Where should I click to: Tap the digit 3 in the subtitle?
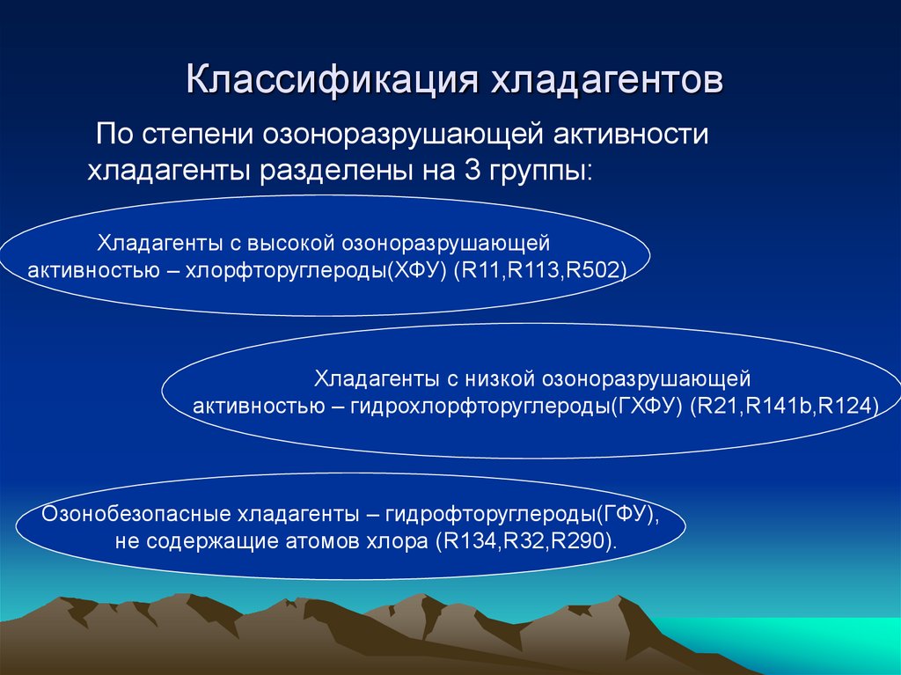pos(469,169)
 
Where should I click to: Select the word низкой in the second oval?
pos(501,379)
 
